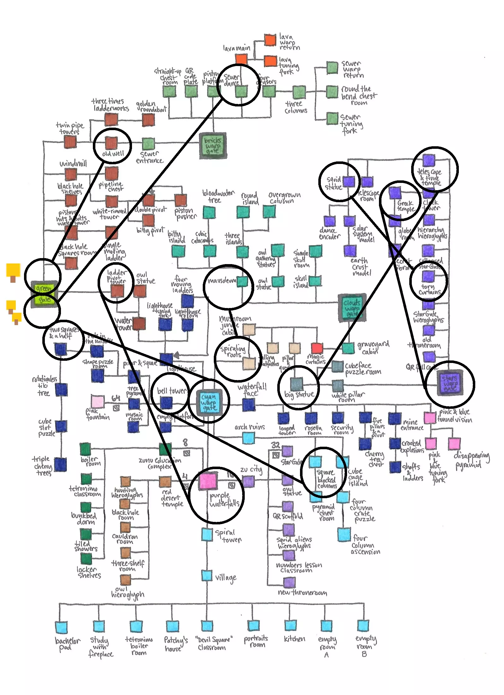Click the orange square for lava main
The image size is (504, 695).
(241, 59)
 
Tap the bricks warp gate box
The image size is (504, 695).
(213, 146)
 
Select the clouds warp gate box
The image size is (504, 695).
(352, 308)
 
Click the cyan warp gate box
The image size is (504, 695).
(209, 402)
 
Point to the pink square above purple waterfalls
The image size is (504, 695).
(208, 481)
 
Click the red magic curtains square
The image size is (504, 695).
(317, 348)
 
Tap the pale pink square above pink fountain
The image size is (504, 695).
(97, 401)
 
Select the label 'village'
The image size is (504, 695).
(225, 577)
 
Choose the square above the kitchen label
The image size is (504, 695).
(290, 625)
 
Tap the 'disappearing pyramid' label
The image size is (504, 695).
(471, 460)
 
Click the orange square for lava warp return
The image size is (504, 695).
(270, 40)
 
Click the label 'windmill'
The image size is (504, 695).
(73, 164)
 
